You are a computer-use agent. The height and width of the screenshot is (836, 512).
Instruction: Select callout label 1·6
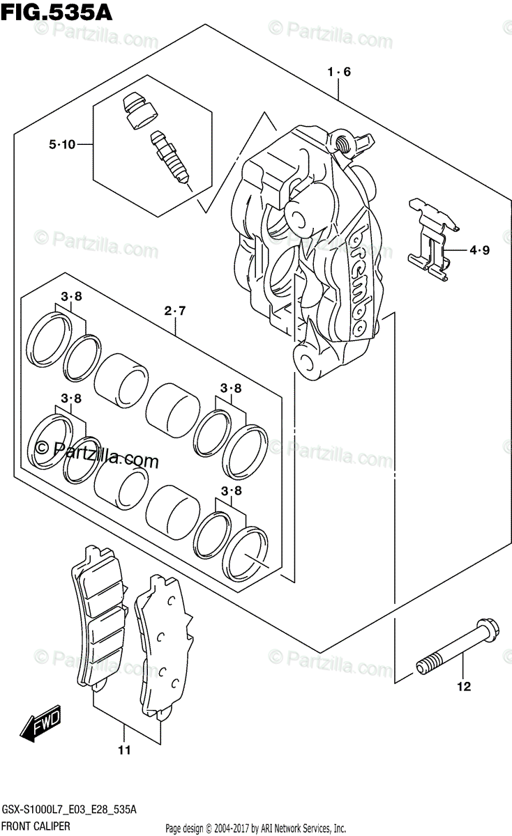pyautogui.click(x=338, y=72)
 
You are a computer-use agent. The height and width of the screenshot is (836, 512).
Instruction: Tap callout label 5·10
pyautogui.click(x=61, y=145)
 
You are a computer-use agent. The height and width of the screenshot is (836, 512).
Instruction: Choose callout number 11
pyautogui.click(x=124, y=750)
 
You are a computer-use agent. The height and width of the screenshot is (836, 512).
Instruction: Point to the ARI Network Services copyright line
pyautogui.click(x=255, y=828)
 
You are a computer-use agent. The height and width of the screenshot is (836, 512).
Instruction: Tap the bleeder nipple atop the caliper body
pyautogui.click(x=343, y=142)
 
